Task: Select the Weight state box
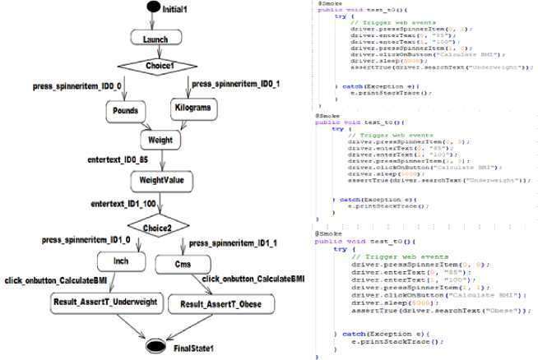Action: (160, 139)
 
